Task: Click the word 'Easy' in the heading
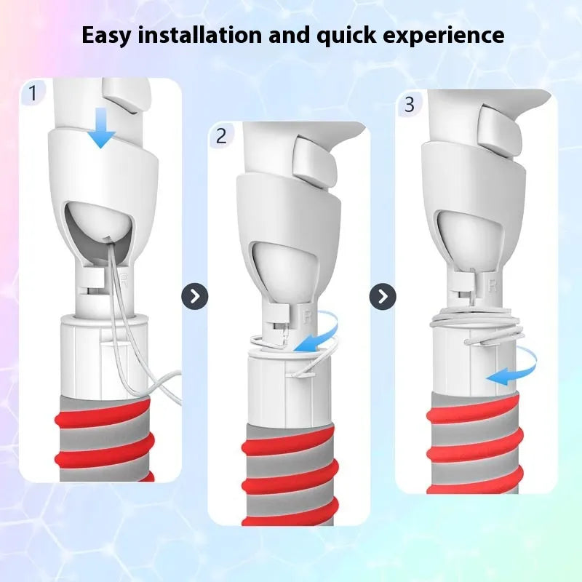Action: pos(106,36)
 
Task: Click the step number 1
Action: pos(33,93)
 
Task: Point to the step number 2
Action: pos(221,136)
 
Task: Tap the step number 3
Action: pos(409,104)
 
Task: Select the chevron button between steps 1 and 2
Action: pos(194,297)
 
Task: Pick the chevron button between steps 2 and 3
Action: pos(383,297)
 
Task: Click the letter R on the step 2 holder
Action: pos(307,317)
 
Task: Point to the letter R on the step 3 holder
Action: pos(493,286)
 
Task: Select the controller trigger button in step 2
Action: pos(313,160)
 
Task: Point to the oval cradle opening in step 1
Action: pos(100,232)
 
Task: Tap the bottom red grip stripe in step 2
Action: pos(290,512)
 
